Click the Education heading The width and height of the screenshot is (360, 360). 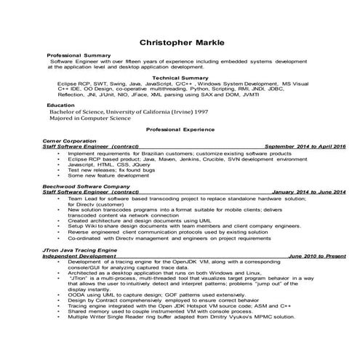pyautogui.click(x=60, y=105)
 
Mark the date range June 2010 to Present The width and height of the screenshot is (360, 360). pyautogui.click(x=316, y=255)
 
